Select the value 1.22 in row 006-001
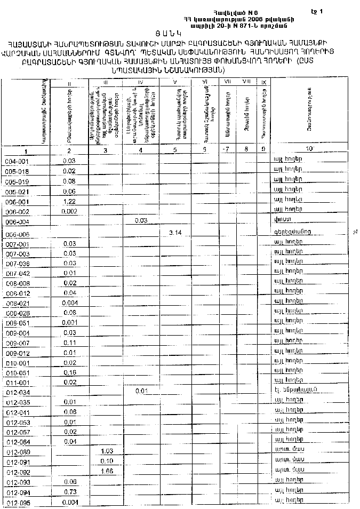click(69, 202)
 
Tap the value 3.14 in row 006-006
click(175, 233)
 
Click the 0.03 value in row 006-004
click(141, 220)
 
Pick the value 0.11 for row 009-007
click(69, 343)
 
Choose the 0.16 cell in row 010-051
click(69, 372)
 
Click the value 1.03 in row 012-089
click(107, 451)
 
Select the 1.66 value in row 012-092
click(107, 472)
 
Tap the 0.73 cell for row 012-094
click(69, 492)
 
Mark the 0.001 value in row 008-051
click(69, 322)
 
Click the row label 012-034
click(18, 392)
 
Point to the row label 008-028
click(18, 313)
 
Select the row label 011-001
click(18, 383)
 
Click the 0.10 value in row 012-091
click(107, 461)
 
